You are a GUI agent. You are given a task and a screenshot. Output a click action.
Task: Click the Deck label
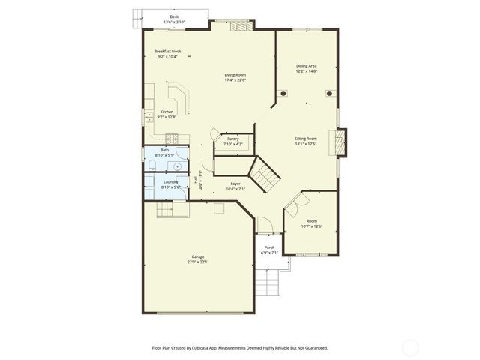(174, 16)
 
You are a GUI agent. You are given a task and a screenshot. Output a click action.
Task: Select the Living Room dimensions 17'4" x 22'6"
(235, 80)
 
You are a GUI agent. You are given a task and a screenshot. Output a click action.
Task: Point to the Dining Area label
(307, 66)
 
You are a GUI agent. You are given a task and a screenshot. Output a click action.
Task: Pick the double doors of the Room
(294, 202)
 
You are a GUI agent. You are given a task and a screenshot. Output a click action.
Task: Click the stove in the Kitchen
(172, 138)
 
